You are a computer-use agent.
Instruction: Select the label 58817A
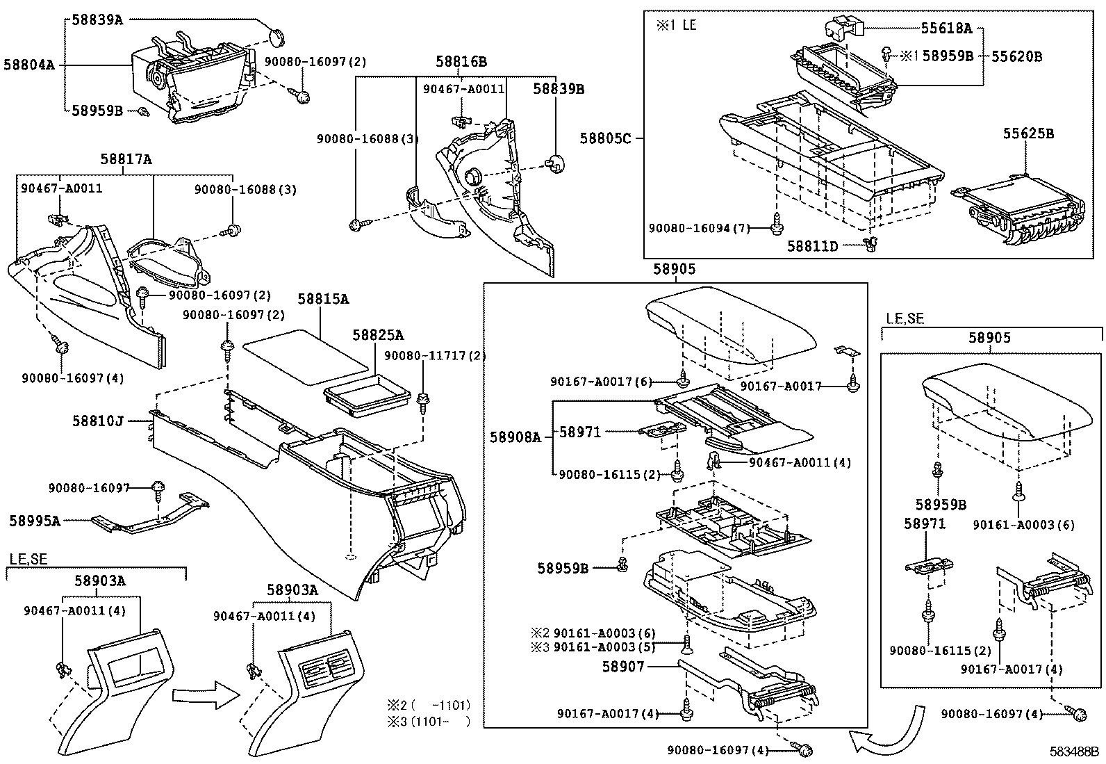(126, 159)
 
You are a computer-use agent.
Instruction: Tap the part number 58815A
(323, 300)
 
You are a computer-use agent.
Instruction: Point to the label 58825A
(377, 335)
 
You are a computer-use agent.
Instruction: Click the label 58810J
(98, 421)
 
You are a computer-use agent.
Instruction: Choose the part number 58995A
(35, 520)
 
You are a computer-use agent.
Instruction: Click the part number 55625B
(1027, 133)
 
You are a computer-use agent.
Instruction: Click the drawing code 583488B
(1075, 752)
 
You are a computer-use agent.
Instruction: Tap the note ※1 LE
(676, 25)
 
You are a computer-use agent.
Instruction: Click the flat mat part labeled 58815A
(304, 358)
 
